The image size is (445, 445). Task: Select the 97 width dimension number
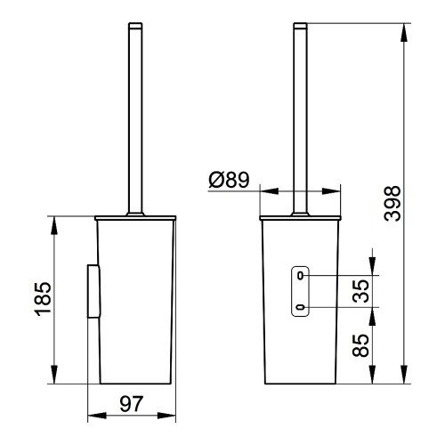[x=132, y=404]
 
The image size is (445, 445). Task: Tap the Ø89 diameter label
[x=229, y=180]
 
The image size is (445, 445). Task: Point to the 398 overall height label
[x=392, y=204]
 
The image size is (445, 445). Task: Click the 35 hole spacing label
[x=360, y=291]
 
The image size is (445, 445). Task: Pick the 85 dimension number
[x=360, y=345]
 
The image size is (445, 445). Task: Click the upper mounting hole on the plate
[x=301, y=276]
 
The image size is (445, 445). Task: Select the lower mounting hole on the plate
[x=301, y=307]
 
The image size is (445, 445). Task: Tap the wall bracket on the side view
[x=93, y=291]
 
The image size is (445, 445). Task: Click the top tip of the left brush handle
[x=135, y=23]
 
